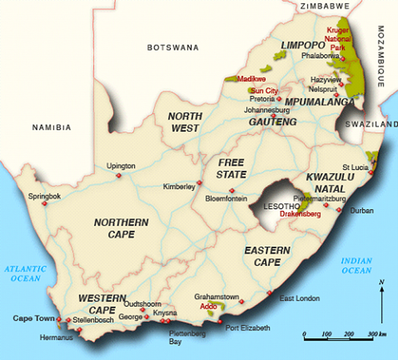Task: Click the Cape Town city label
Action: [33, 318]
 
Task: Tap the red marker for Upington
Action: [119, 175]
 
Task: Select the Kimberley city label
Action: [179, 187]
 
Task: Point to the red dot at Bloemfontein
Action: [232, 191]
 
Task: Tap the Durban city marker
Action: [339, 210]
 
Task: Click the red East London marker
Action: [270, 293]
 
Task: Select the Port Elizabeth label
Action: [248, 328]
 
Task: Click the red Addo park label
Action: [208, 306]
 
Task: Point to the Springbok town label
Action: [45, 195]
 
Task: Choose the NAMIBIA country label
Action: [52, 127]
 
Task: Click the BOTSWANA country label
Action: [172, 47]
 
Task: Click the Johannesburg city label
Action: [267, 110]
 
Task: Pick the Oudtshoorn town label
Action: [143, 303]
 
